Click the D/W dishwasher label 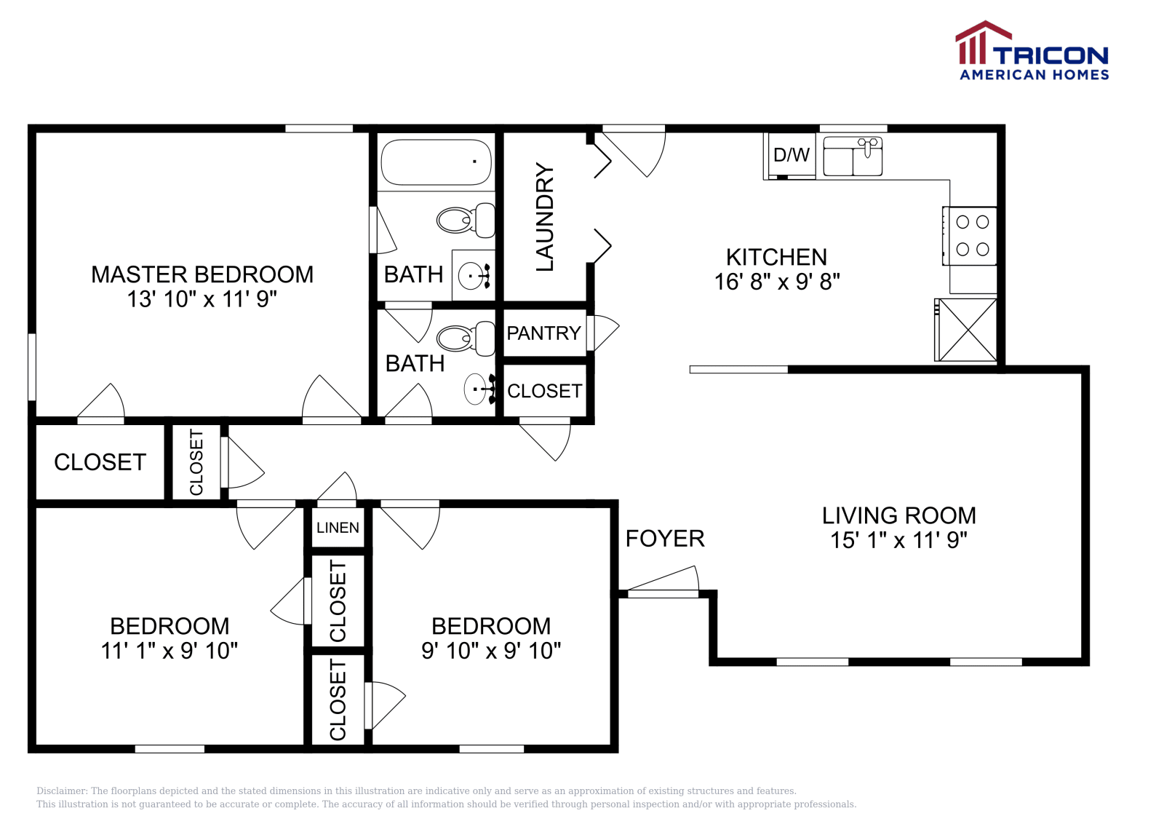[791, 154]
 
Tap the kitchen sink [853, 157]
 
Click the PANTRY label [544, 333]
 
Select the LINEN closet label [338, 528]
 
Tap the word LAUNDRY [545, 217]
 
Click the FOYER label [665, 539]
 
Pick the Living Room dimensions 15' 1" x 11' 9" [898, 540]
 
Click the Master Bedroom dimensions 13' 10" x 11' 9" [202, 299]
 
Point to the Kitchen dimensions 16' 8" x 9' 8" [777, 282]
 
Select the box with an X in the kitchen [967, 330]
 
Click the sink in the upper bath [474, 276]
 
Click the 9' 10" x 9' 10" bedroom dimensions [491, 651]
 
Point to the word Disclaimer [62, 791]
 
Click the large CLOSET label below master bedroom [100, 462]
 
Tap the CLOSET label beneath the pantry [544, 392]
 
